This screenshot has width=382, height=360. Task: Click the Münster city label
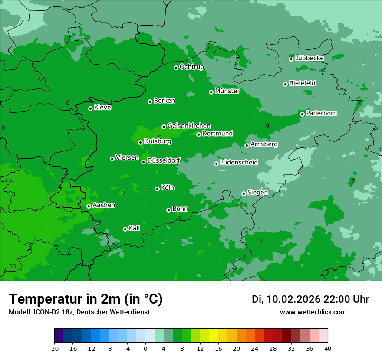coord(227,91)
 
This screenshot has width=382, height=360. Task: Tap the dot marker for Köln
coord(157,189)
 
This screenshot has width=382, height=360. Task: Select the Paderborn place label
coord(321,113)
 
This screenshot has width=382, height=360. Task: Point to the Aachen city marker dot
coord(89,206)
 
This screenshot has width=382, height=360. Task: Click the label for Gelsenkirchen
coord(189,126)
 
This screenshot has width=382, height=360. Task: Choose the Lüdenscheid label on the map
coord(239,163)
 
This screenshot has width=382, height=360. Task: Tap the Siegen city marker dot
coord(244,193)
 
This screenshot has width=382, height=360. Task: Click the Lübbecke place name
coord(309,58)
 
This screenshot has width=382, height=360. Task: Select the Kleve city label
coord(102,108)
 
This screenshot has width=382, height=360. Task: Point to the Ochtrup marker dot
coord(176,68)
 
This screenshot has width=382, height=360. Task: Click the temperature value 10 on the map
coord(13,266)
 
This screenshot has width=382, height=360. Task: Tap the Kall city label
coord(134,228)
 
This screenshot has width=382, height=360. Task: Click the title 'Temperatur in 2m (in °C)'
coord(86,299)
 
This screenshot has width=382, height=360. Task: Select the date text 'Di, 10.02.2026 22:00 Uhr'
coord(310,299)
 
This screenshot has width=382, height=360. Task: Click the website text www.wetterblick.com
coord(313,312)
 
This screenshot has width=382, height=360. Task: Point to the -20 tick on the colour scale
coord(54,348)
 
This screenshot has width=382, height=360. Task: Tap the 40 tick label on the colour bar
coord(327,348)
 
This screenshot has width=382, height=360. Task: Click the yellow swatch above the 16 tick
coord(214,336)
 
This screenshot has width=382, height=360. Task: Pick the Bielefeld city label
coord(302,83)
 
